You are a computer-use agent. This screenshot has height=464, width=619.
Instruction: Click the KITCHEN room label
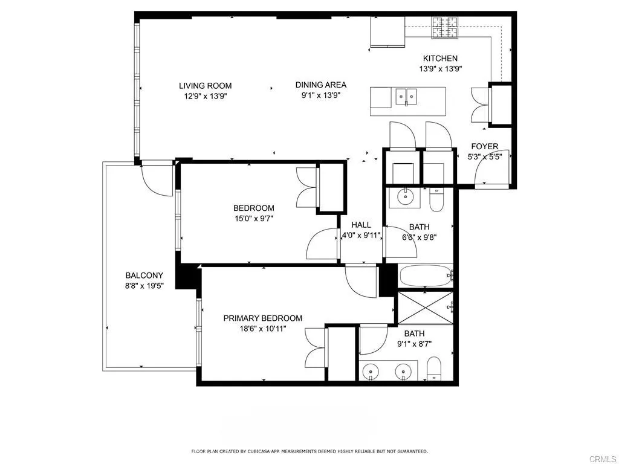tap(439, 59)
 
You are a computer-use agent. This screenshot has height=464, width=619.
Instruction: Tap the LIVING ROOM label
tap(205, 86)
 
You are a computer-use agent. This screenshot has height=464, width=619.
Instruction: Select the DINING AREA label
tap(320, 85)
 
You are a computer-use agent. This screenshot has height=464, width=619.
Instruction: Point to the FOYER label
tap(484, 147)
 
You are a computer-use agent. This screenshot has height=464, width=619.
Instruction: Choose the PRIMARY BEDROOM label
tap(262, 318)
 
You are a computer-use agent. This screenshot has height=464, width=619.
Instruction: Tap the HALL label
tap(361, 225)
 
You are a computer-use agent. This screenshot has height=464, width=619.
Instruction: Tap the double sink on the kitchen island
tap(406, 97)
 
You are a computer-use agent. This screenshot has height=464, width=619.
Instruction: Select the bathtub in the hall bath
tap(426, 277)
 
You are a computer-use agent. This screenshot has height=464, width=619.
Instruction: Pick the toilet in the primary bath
tap(434, 367)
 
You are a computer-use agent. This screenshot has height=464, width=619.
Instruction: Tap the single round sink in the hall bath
tap(406, 196)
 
